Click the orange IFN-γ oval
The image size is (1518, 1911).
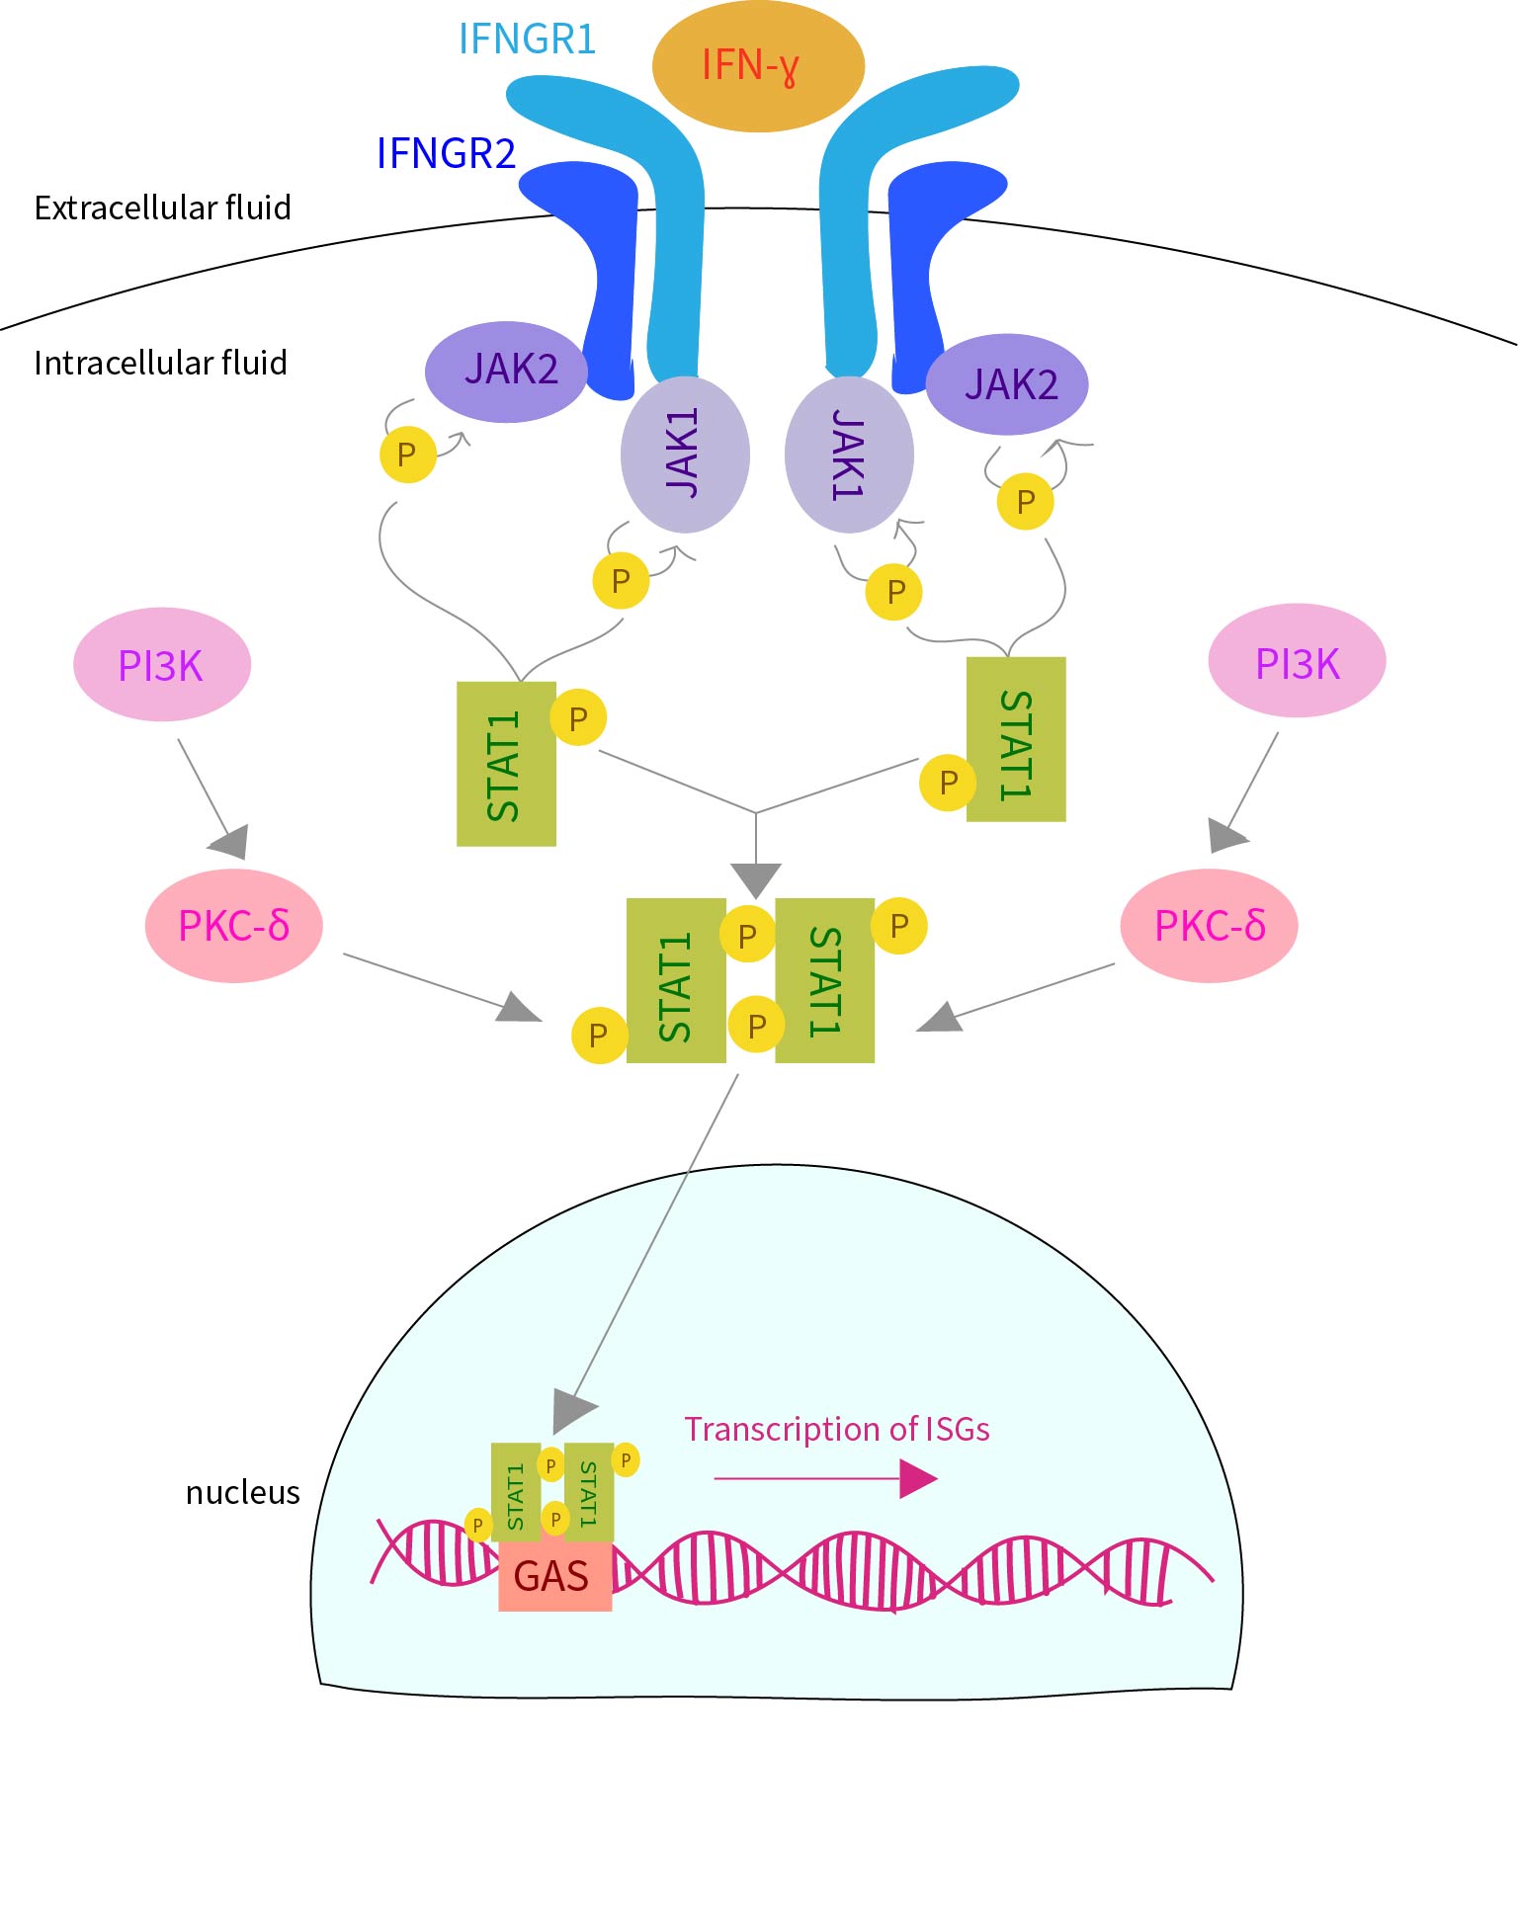(x=758, y=66)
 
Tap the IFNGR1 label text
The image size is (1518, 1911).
(x=527, y=40)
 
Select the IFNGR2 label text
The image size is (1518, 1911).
(x=446, y=153)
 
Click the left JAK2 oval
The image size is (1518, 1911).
(x=506, y=371)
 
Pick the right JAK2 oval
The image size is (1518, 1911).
(x=1007, y=384)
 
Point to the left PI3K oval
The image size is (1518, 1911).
(x=161, y=665)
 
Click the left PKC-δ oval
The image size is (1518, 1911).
(x=233, y=926)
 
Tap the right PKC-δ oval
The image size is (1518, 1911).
(x=1209, y=926)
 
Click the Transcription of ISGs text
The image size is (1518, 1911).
(x=837, y=1429)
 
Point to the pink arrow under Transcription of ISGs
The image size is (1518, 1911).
(x=825, y=1478)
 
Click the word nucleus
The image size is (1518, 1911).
(x=242, y=1492)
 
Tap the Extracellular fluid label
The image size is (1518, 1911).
(x=162, y=208)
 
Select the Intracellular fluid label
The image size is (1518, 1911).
(x=160, y=363)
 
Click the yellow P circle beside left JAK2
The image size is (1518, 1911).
(x=407, y=455)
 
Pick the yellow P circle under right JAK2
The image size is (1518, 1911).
(x=1025, y=502)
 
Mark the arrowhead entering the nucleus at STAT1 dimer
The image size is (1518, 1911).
(x=572, y=1408)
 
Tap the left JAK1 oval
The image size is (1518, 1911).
(x=685, y=454)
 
